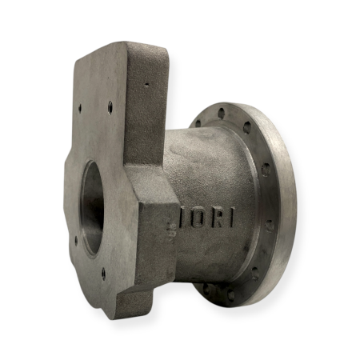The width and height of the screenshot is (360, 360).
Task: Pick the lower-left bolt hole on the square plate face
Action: click(76, 238)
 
